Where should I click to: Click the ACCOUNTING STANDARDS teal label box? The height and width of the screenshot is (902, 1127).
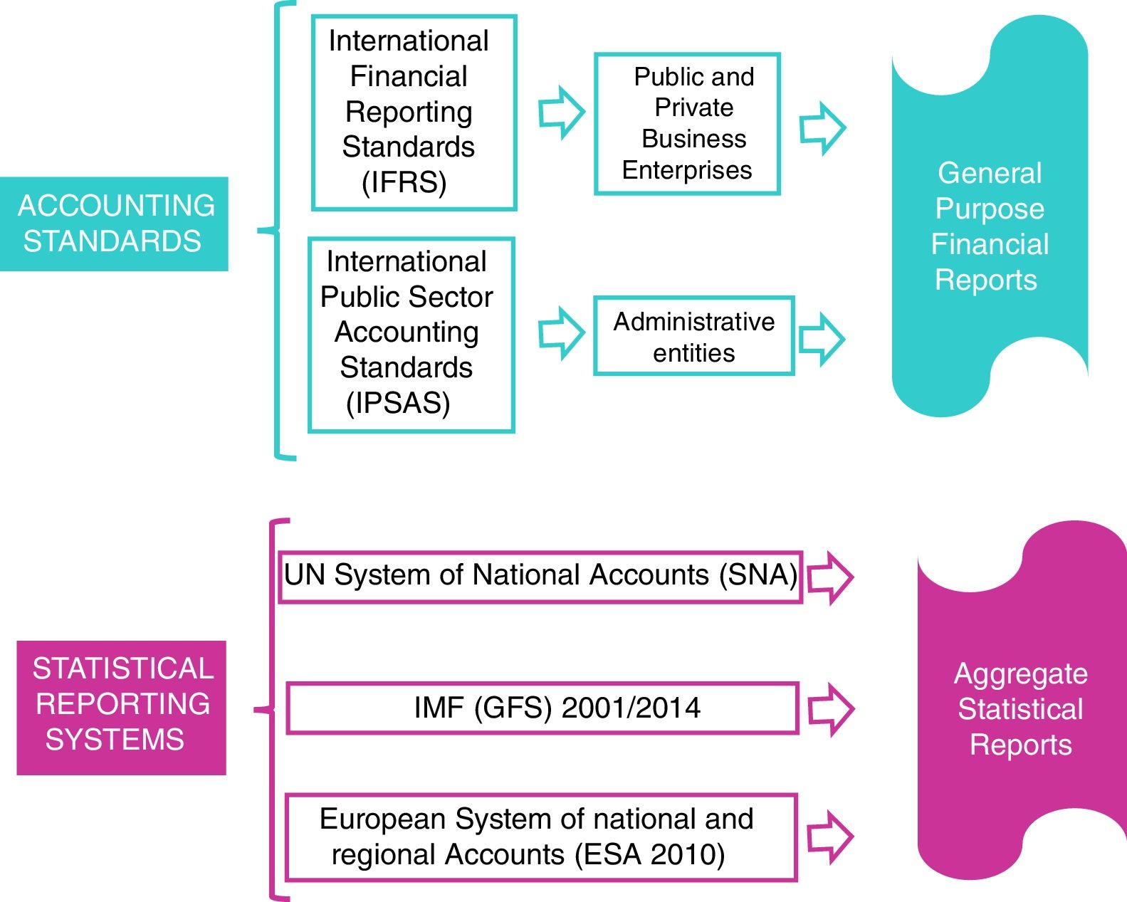point(114,224)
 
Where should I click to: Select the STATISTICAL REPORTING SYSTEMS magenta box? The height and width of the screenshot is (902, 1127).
point(121,707)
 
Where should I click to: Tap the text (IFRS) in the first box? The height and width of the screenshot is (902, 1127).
point(404,182)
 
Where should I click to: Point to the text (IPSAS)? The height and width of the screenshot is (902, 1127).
point(399,403)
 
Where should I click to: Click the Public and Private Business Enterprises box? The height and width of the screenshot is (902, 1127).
point(687,123)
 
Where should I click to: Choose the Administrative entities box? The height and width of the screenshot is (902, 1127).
point(693,337)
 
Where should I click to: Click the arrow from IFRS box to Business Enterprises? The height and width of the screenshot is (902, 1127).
point(562,112)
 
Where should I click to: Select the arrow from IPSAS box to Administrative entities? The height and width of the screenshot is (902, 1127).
point(562,332)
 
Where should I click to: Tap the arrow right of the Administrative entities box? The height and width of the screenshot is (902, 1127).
point(822,339)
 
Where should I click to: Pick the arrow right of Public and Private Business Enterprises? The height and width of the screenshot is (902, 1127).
point(822,128)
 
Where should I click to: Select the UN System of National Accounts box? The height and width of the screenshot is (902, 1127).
point(540,576)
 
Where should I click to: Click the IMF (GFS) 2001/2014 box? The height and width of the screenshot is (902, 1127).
point(542,708)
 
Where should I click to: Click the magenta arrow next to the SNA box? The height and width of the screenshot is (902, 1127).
point(830,577)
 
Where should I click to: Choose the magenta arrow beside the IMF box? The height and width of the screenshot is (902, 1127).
point(831,709)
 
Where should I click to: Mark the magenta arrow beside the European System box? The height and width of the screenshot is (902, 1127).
point(830,837)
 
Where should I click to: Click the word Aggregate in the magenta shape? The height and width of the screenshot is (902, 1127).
point(1020,673)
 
